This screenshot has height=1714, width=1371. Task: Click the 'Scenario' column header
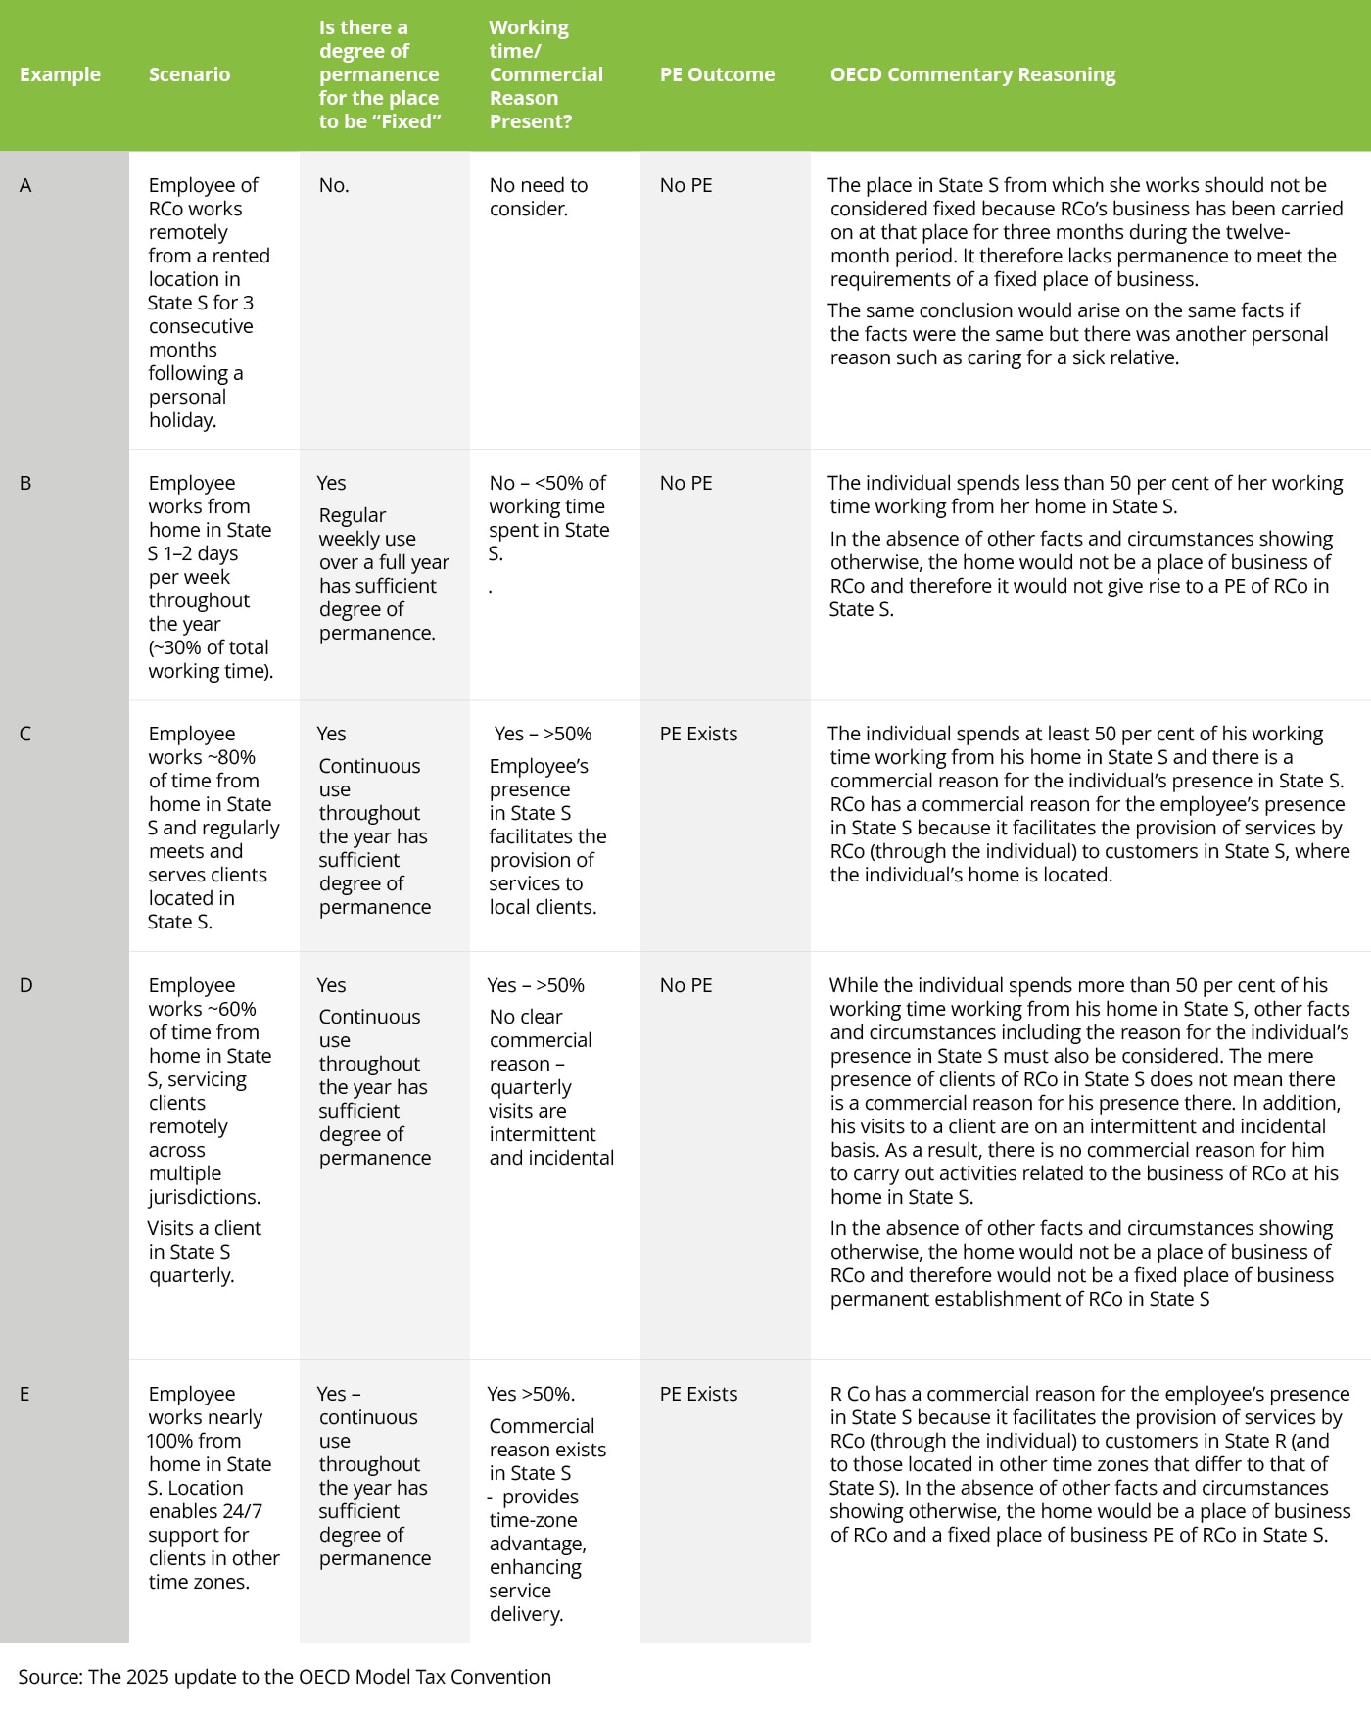(x=189, y=74)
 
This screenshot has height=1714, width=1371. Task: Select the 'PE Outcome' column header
(x=717, y=74)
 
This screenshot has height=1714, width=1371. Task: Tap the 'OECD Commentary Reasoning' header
(x=972, y=74)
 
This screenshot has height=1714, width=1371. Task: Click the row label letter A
(x=25, y=185)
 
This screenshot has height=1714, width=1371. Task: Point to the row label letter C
(x=25, y=734)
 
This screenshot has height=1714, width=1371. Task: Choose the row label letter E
(x=24, y=1394)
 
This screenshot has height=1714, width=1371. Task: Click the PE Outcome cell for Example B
(x=685, y=483)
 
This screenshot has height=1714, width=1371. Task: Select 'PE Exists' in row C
(x=698, y=734)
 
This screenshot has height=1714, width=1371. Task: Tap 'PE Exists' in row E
(x=698, y=1394)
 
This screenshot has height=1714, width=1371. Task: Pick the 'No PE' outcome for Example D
(x=685, y=985)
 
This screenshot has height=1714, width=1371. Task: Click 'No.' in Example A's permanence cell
(x=334, y=185)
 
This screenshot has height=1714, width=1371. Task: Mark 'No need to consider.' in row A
(x=539, y=197)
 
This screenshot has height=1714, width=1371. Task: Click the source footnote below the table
(x=284, y=1677)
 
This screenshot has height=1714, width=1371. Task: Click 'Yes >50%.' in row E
(x=531, y=1394)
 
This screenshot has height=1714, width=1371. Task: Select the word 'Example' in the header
(x=60, y=74)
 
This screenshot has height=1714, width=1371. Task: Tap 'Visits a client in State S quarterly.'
(x=204, y=1252)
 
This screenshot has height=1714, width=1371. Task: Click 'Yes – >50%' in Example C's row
(x=543, y=734)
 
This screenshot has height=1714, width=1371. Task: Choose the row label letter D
(x=25, y=985)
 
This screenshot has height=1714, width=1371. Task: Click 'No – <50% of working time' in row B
(x=547, y=495)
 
